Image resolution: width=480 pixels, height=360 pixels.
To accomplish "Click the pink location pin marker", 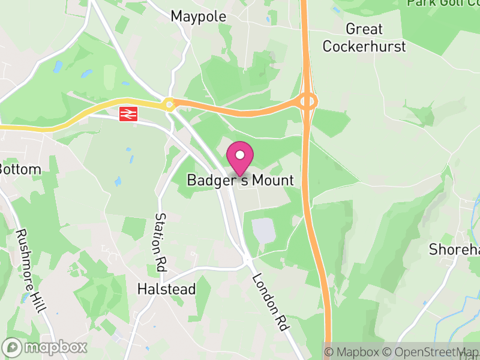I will coord(240,157).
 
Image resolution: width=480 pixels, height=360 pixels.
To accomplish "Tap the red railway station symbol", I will coord(128,113).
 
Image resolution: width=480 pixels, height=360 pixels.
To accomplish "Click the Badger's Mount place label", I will coord(240,180).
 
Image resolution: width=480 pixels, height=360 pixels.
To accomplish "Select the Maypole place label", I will coord(199,16).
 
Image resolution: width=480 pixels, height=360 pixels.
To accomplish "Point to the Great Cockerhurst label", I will coord(364,37).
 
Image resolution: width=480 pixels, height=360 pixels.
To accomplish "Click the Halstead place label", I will coord(166,289).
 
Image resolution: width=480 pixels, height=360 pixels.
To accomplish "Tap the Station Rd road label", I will coord(161,240).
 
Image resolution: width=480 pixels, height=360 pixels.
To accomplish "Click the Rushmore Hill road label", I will coord(32,270).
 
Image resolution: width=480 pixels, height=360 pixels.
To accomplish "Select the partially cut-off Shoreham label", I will coord(454,250).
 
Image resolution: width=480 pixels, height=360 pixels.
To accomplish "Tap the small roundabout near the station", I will coord(170,105).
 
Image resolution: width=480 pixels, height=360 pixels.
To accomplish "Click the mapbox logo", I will coord(45,347).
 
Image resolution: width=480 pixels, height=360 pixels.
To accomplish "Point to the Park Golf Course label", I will coord(443,3).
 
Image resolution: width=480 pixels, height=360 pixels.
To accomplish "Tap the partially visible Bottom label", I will coord(20,169).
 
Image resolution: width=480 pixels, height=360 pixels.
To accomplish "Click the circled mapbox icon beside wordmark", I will coord(12,347).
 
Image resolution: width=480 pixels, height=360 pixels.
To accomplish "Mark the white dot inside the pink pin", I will coord(240,155).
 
